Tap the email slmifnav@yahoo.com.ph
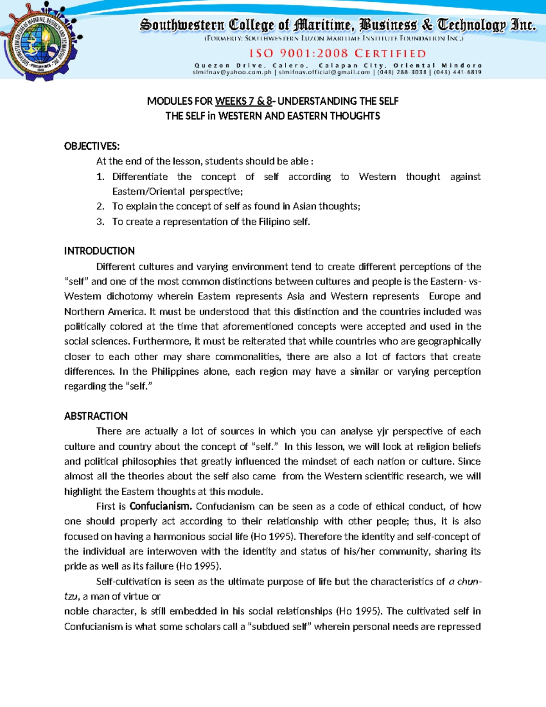tap(232, 72)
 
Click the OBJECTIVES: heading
tap(92, 146)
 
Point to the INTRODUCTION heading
tap(99, 251)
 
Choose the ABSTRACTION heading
tap(96, 416)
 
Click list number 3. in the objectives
tap(101, 222)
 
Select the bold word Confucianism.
tap(161, 506)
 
